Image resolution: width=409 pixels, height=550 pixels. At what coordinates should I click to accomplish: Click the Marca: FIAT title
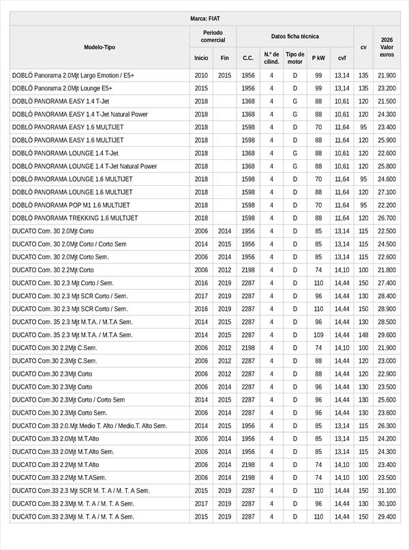click(x=204, y=18)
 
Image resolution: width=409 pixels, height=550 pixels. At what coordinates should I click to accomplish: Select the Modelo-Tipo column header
click(x=100, y=47)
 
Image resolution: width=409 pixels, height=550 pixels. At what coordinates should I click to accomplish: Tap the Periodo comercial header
click(x=213, y=36)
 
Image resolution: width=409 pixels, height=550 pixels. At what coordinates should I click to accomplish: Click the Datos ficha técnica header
click(x=294, y=36)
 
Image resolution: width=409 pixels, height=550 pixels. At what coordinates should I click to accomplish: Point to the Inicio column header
click(x=201, y=58)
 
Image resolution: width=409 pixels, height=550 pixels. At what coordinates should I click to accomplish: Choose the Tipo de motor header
click(x=294, y=58)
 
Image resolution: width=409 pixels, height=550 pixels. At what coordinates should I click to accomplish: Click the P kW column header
click(x=318, y=58)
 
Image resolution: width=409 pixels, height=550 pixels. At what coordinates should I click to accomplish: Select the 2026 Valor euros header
click(x=387, y=47)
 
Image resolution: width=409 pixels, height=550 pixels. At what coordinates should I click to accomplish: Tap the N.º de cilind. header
click(x=271, y=58)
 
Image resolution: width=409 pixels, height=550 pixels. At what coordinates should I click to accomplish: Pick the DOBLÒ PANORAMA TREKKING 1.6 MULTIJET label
click(x=75, y=218)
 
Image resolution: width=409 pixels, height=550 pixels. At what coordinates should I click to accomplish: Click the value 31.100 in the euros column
click(x=387, y=491)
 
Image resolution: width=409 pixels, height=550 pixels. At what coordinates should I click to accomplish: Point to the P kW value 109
click(x=318, y=335)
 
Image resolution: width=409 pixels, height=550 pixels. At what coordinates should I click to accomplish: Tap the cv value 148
click(x=363, y=335)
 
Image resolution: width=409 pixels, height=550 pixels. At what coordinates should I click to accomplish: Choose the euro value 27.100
click(x=387, y=192)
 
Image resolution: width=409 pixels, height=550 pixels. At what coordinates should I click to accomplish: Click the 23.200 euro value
click(x=387, y=88)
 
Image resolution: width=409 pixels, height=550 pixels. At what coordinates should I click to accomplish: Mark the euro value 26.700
click(x=387, y=218)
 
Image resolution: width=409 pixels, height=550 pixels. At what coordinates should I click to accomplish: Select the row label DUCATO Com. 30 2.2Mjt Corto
click(x=53, y=270)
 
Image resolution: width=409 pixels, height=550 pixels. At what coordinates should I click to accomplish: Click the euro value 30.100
click(x=387, y=504)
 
